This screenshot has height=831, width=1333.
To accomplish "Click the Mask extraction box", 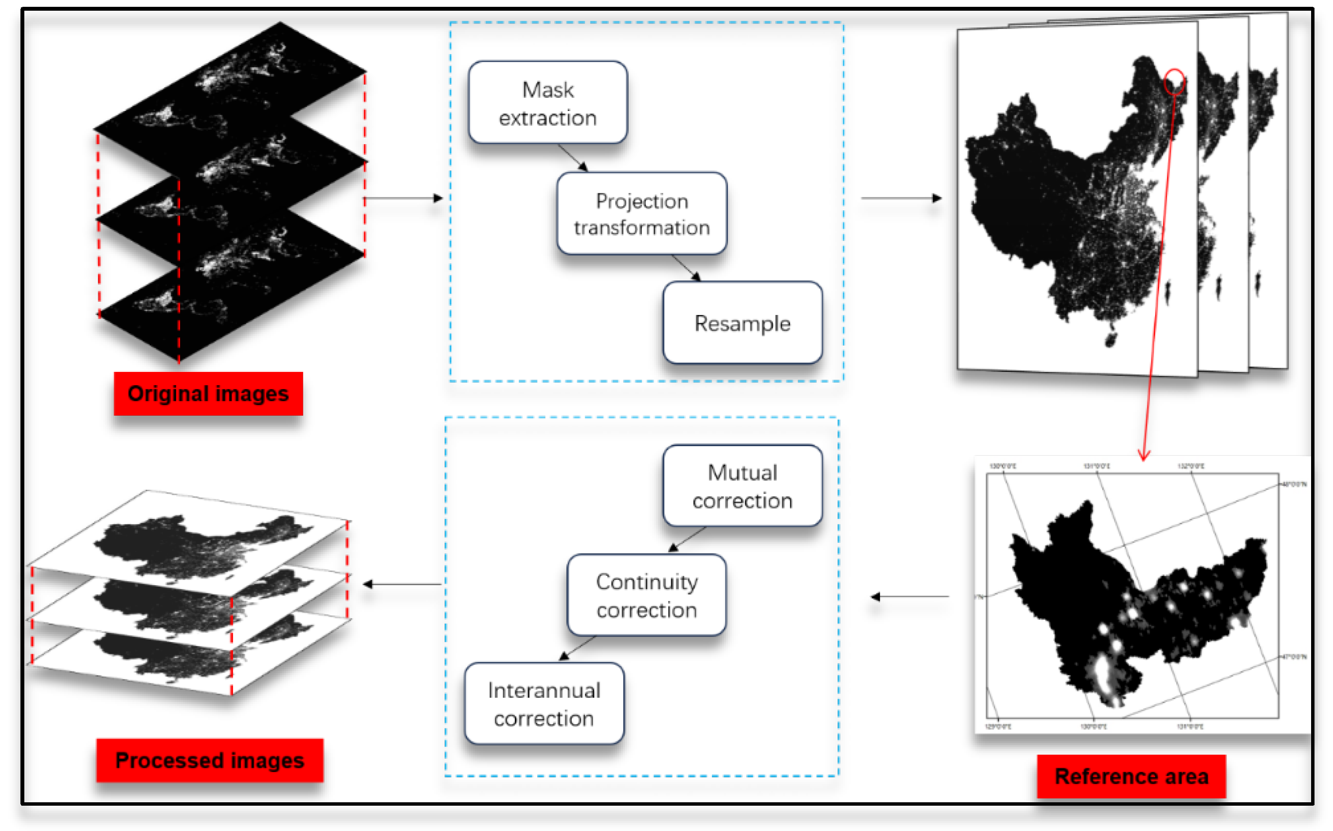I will [548, 103].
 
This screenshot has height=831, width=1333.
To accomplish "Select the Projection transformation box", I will [642, 214].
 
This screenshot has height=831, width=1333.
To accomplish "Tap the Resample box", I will [742, 323].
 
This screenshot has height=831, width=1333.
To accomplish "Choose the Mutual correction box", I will [742, 486].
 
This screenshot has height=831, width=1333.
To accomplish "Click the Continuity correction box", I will [647, 595].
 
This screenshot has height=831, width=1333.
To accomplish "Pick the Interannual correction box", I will [544, 704].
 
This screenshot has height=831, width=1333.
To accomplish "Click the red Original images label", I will [208, 393].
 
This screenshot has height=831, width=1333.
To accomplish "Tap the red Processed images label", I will [209, 760].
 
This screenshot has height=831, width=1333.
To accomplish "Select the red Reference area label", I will [1131, 776].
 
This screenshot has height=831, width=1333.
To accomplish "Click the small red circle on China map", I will [1174, 81].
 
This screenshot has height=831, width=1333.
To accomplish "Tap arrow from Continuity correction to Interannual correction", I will [577, 648].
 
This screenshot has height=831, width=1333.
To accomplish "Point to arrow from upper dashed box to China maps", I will [901, 198].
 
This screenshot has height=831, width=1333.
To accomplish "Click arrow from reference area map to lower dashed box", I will [910, 596].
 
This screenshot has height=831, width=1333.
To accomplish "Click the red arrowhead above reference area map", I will [1144, 455].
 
